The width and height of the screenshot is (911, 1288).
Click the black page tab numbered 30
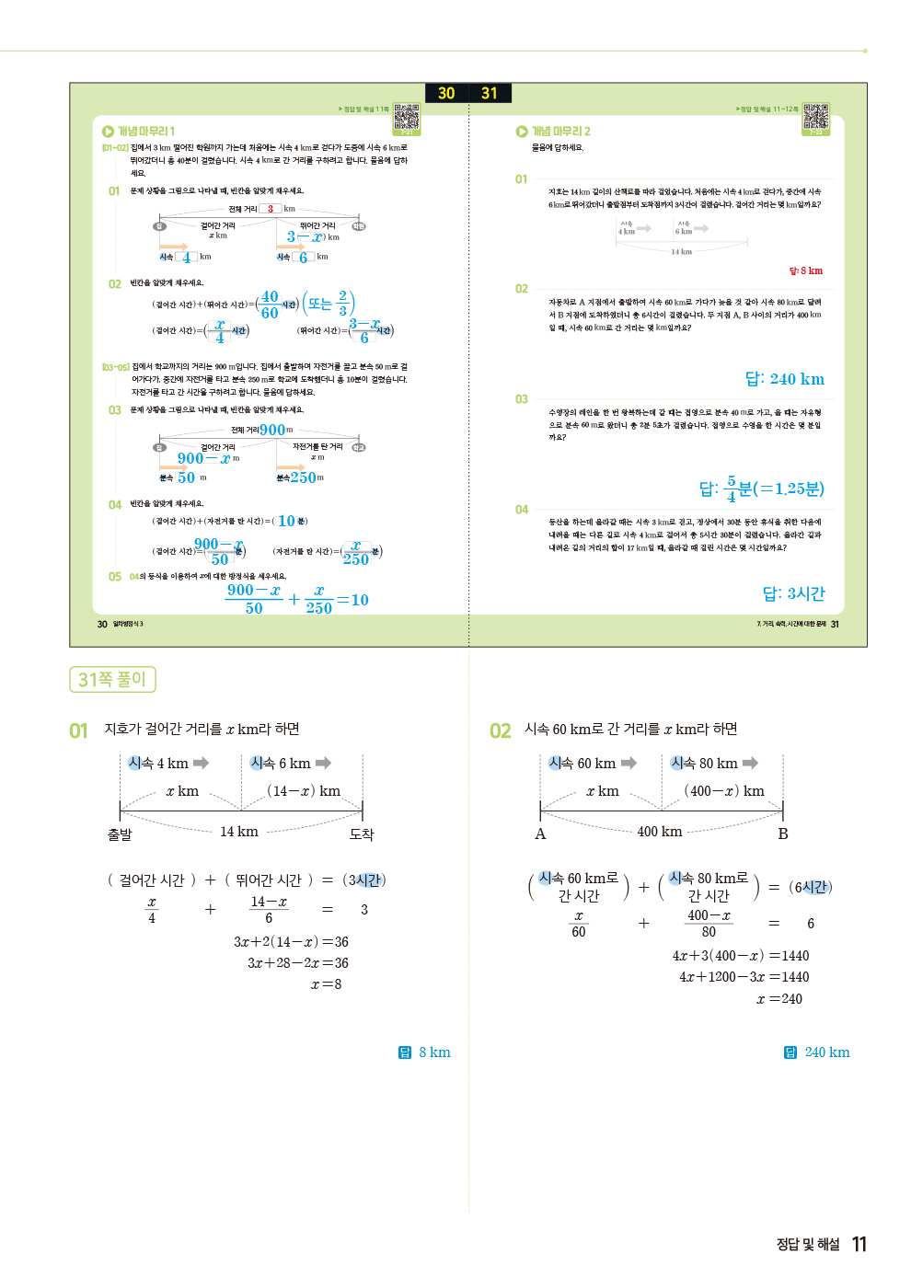446,93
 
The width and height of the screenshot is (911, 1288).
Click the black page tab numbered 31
490,93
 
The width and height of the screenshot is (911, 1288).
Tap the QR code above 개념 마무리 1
407,118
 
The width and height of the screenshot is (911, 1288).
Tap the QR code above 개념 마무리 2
816,118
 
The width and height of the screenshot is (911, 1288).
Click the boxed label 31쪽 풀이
112,679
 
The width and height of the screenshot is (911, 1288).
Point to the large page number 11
859,1245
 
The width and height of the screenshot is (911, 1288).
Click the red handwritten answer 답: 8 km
805,270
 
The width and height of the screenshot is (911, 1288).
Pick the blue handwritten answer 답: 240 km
784,379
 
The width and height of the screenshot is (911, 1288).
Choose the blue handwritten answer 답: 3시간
793,593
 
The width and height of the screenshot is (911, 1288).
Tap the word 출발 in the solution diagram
120,834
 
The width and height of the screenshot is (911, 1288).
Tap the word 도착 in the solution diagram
362,834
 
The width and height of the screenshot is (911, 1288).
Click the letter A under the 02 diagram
540,834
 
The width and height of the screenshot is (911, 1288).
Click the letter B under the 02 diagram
783,834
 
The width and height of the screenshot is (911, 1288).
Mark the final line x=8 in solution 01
326,984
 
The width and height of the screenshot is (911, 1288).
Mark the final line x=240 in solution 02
778,999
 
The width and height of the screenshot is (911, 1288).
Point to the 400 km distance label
660,832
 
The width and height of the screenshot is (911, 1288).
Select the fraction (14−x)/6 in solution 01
269,910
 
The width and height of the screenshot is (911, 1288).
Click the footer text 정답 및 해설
808,1245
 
